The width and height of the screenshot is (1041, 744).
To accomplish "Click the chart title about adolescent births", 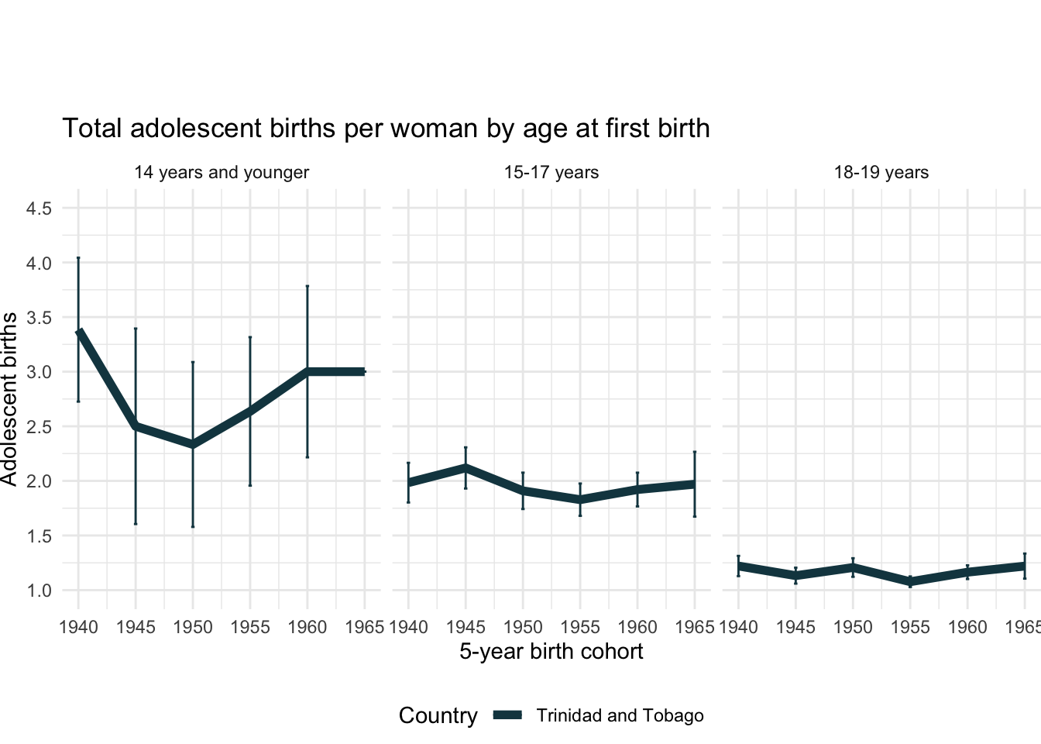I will pyautogui.click(x=386, y=129).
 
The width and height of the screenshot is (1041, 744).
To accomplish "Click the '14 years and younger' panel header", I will pyautogui.click(x=222, y=173).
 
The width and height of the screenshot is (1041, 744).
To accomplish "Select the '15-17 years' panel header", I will pyautogui.click(x=551, y=173).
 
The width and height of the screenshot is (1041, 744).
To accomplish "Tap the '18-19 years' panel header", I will pyautogui.click(x=881, y=173).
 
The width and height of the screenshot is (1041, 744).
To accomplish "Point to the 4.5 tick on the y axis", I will pyautogui.click(x=38, y=208).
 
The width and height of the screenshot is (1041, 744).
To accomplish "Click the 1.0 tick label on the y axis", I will pyautogui.click(x=38, y=591).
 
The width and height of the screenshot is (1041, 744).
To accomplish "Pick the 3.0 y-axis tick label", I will pyautogui.click(x=38, y=372).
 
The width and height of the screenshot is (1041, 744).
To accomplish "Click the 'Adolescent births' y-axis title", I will pyautogui.click(x=9, y=399).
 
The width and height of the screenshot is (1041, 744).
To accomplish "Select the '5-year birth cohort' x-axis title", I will pyautogui.click(x=551, y=651).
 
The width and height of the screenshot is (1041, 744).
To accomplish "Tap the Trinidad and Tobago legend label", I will pyautogui.click(x=620, y=715).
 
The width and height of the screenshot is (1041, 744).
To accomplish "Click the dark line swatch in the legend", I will pyautogui.click(x=509, y=715).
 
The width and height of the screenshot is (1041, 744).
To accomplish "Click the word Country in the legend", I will pyautogui.click(x=438, y=715).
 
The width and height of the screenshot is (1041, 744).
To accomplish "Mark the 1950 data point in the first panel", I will pyautogui.click(x=193, y=445).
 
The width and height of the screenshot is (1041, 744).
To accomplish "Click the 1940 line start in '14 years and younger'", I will pyautogui.click(x=78, y=332).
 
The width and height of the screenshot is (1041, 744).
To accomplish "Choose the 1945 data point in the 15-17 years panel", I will pyautogui.click(x=466, y=467).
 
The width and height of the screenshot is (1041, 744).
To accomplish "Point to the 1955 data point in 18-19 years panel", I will pyautogui.click(x=910, y=581).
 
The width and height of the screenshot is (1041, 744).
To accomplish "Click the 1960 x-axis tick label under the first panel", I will pyautogui.click(x=307, y=627).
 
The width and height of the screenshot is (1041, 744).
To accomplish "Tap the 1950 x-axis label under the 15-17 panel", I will pyautogui.click(x=523, y=627).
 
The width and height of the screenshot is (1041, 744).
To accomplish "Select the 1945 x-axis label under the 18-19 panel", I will pyautogui.click(x=795, y=627).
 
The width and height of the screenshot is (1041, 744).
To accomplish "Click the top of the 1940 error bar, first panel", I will pyautogui.click(x=78, y=258).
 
